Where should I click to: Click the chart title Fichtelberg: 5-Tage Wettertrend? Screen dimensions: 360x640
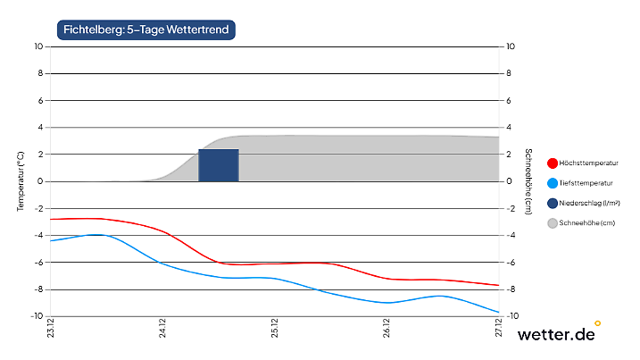click(146, 29)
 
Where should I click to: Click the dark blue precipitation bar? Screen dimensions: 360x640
click(219, 165)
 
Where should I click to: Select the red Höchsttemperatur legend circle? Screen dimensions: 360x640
click(553, 163)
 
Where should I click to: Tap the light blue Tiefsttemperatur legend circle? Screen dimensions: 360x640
click(553, 183)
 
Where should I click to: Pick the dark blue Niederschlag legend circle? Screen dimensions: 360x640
click(553, 204)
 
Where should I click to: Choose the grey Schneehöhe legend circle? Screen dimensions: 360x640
click(553, 223)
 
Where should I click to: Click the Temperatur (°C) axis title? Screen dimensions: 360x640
click(20, 181)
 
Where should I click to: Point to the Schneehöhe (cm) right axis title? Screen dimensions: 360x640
click(528, 181)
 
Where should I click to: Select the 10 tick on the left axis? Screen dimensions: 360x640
click(38, 46)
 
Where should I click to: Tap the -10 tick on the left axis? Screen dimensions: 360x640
click(37, 316)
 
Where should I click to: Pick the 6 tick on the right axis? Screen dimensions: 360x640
click(509, 101)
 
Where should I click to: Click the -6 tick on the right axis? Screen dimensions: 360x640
click(511, 263)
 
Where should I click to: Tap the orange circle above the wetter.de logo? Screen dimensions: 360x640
click(597, 322)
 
